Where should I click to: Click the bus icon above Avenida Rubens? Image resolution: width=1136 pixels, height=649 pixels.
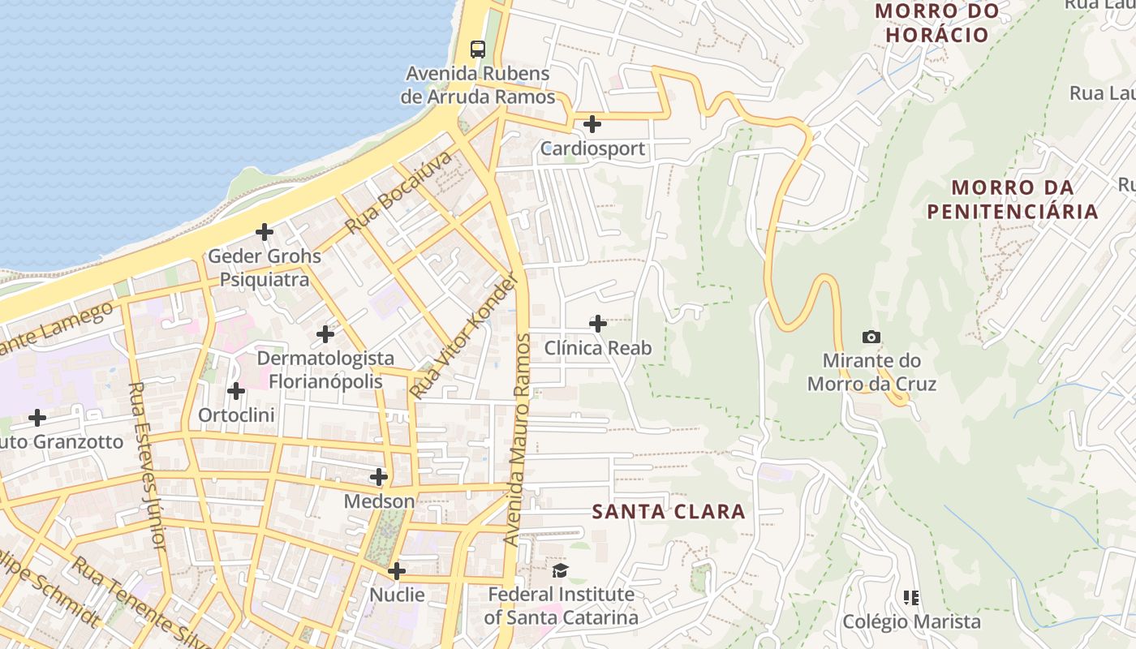[x=477, y=49]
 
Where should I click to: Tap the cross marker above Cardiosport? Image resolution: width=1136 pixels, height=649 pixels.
[x=592, y=124]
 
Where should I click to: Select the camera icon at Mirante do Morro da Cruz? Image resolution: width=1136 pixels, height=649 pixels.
[x=871, y=337]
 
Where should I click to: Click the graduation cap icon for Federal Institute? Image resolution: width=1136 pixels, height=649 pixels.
[x=561, y=570]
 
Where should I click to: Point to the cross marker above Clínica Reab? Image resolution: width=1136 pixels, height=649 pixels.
[x=598, y=324]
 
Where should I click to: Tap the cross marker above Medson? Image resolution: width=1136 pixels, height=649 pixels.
[x=379, y=477]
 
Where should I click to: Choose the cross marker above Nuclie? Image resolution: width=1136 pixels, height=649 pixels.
[x=397, y=571]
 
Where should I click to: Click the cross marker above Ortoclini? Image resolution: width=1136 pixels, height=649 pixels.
[x=236, y=391]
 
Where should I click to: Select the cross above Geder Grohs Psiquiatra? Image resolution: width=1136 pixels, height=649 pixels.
[x=265, y=232]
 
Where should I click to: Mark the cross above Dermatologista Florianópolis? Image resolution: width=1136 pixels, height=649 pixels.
[x=325, y=333]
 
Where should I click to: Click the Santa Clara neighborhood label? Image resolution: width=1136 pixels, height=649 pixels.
[x=669, y=511]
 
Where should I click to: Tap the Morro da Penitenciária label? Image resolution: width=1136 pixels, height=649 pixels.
[x=1013, y=200]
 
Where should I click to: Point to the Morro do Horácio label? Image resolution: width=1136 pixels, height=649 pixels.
[x=937, y=23]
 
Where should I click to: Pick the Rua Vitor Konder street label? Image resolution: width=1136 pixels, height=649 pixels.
[x=464, y=336]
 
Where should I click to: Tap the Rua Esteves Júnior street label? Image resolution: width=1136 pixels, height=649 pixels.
[x=148, y=466]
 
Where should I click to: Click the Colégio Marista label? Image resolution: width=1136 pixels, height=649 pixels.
[x=911, y=621]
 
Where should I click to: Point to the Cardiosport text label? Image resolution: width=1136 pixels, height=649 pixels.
[x=592, y=148]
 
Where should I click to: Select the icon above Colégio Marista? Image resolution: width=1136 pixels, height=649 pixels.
[x=911, y=598]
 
